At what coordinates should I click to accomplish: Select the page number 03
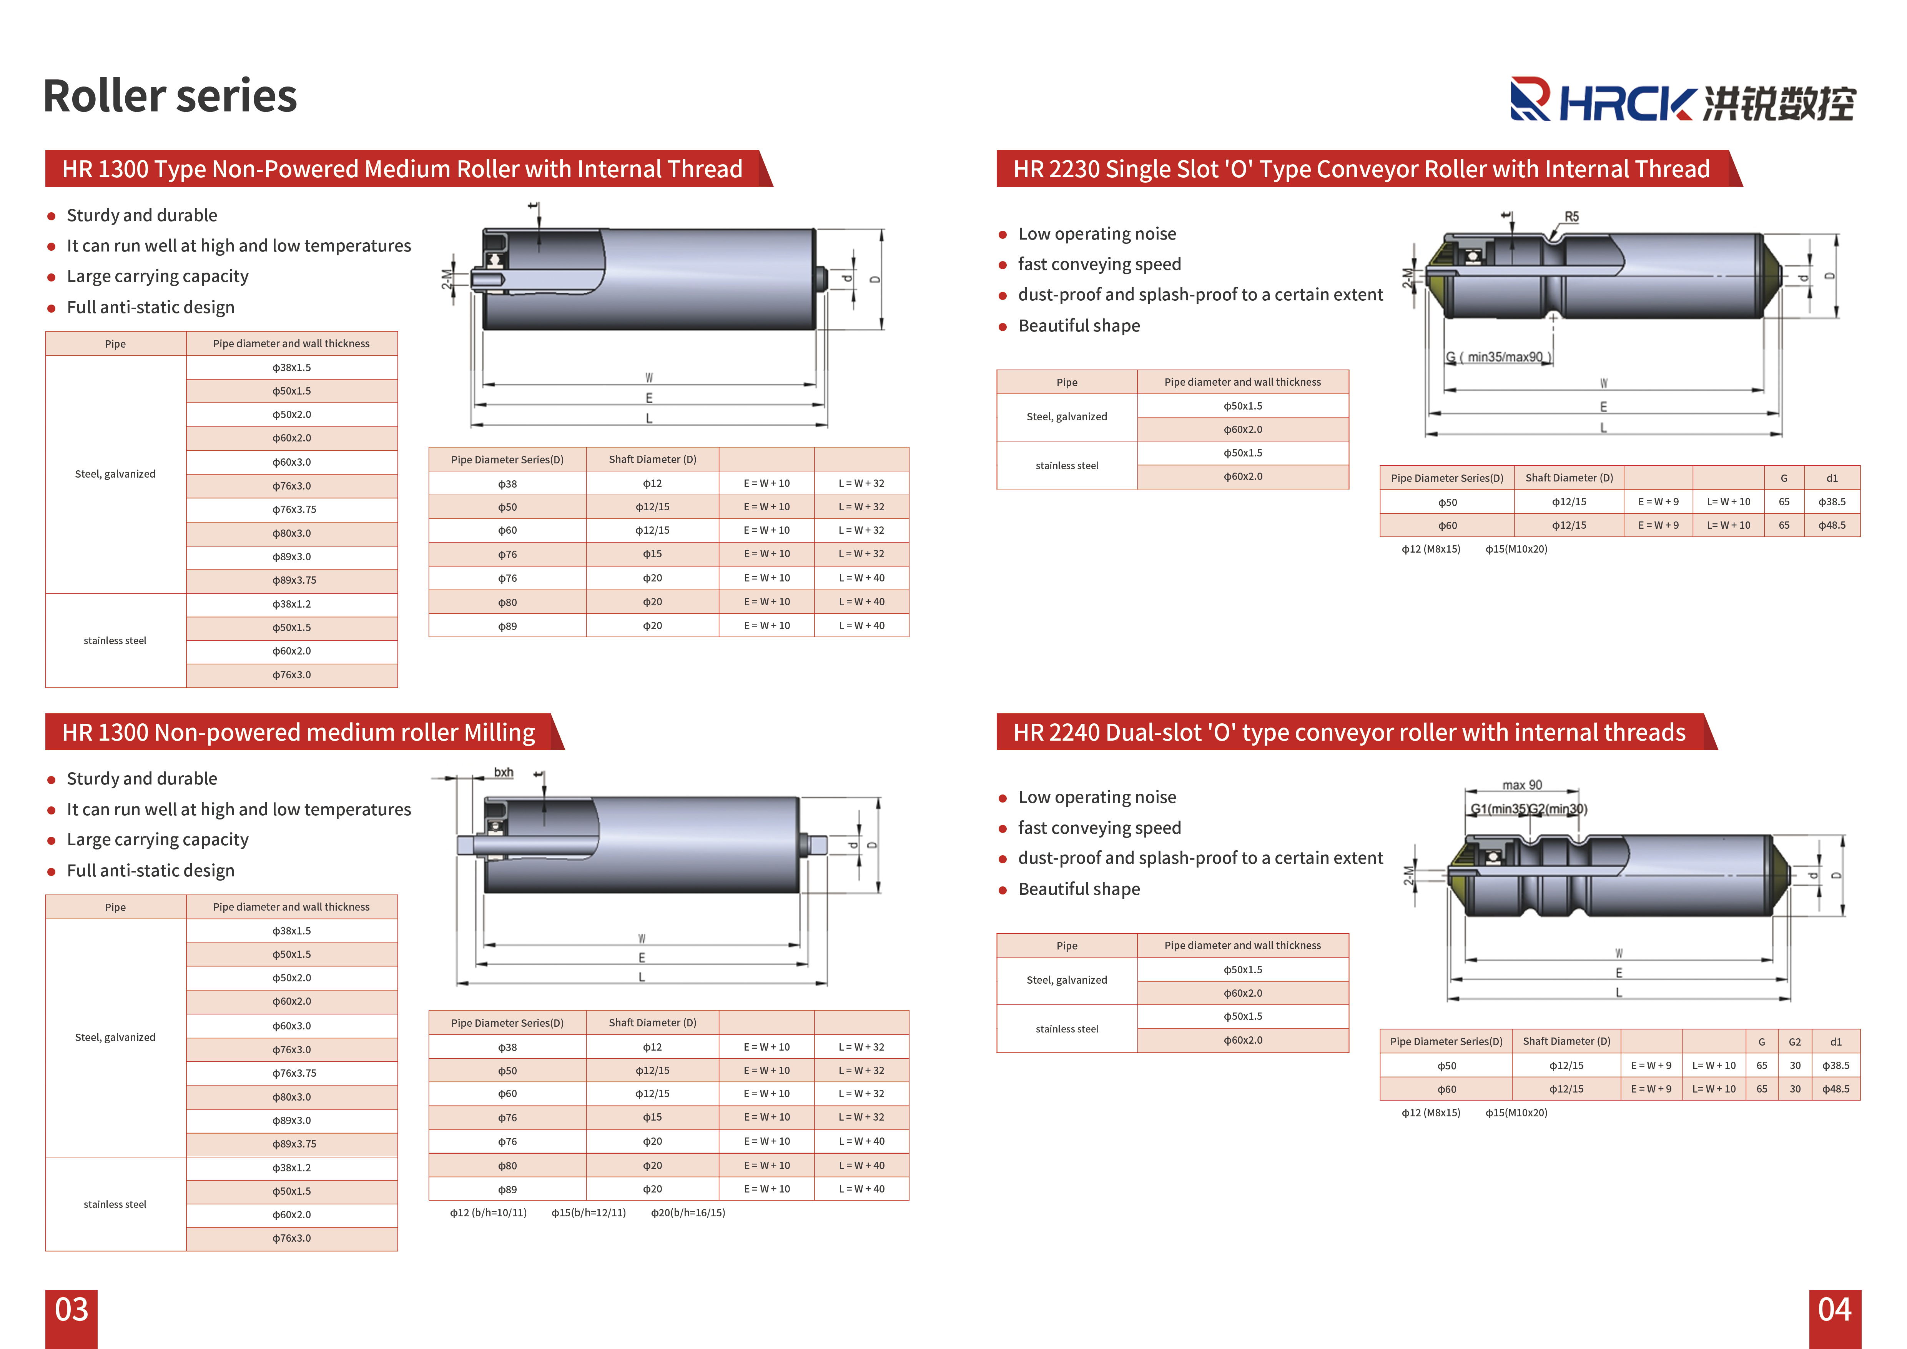coord(71,1310)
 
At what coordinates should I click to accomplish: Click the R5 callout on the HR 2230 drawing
coord(1571,217)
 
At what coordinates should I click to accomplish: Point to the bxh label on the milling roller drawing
coord(503,773)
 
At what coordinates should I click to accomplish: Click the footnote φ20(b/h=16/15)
coord(688,1213)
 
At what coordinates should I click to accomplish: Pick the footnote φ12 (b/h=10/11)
coord(488,1213)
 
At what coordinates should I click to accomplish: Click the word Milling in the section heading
coord(499,733)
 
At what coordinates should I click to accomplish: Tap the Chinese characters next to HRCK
coord(1778,104)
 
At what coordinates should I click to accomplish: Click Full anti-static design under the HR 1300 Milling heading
coord(150,871)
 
